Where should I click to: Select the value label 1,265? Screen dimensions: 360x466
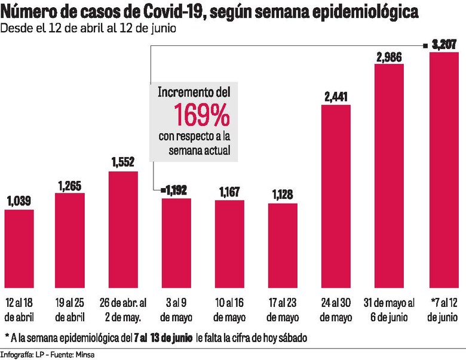70,186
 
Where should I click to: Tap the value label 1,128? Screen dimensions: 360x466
283,195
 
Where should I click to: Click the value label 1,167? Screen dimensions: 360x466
229,193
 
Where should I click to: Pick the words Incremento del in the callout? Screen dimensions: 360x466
194,93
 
